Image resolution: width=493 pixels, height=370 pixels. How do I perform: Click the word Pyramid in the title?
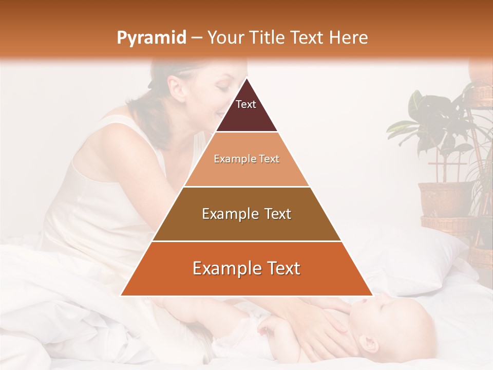[x=151, y=38]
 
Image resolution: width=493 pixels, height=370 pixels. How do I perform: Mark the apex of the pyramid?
[x=246, y=79]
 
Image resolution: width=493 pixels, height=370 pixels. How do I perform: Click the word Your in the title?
[x=227, y=38]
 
